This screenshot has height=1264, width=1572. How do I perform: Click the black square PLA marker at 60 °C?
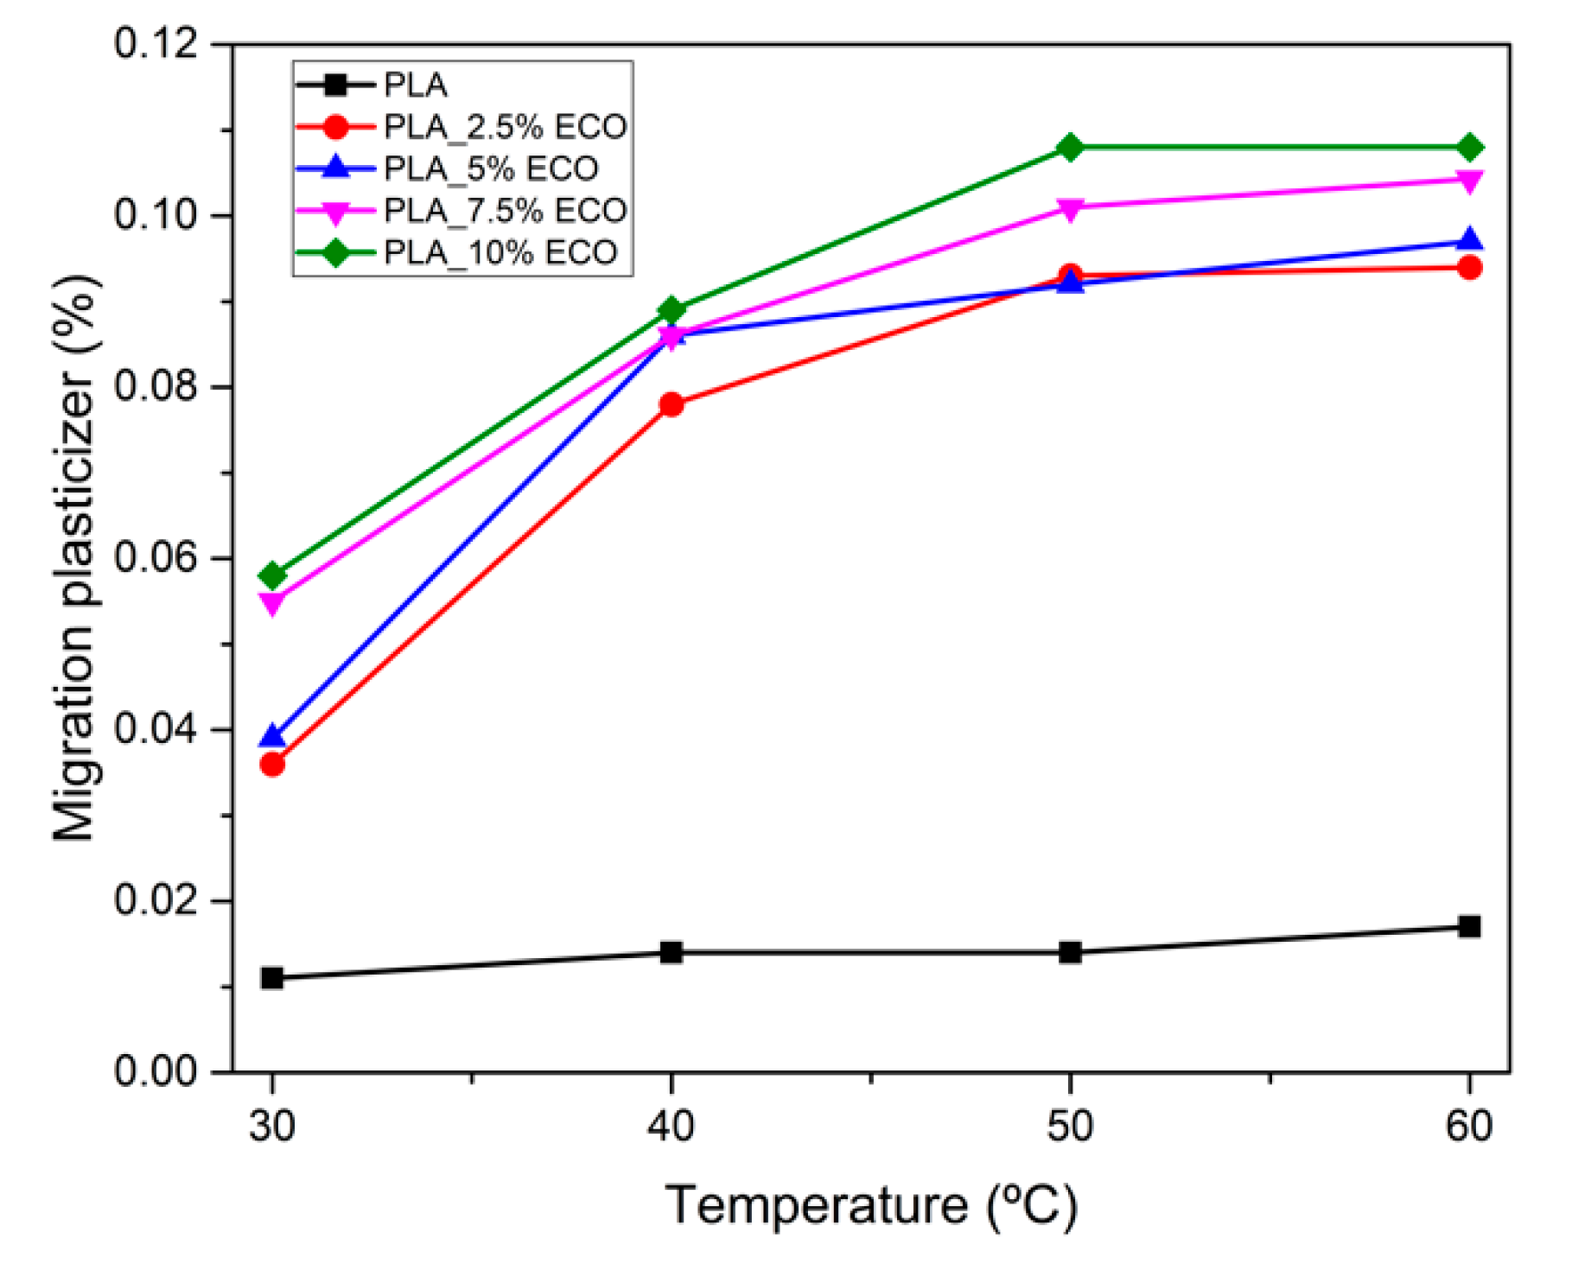pos(1468,926)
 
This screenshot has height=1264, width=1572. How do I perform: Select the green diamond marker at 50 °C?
pos(1070,148)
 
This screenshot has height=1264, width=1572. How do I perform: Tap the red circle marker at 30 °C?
pos(272,764)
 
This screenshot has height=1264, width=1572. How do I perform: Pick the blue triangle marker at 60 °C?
pos(1468,240)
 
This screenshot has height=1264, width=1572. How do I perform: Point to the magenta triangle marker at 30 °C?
pos(272,603)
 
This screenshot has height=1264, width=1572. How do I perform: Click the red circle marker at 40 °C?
pos(671,404)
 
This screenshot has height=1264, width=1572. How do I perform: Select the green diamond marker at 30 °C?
pos(272,575)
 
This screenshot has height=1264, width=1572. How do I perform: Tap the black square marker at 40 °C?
pos(671,952)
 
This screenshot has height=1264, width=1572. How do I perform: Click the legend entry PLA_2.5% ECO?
pos(505,127)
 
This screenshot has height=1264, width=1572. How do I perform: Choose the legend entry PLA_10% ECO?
pos(500,252)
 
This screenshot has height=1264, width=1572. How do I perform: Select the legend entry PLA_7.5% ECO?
pos(505,210)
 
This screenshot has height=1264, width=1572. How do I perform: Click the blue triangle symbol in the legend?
pos(335,168)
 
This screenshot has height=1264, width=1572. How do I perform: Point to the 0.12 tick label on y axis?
pos(156,43)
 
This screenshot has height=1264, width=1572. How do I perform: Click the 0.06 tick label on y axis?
pos(156,557)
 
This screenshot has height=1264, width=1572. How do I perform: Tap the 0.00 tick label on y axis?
pos(156,1071)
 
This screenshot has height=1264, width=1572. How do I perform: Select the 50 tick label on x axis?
pos(1070,1127)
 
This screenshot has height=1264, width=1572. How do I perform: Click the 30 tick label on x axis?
pos(272,1127)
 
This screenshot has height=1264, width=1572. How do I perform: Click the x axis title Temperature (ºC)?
pos(871,1205)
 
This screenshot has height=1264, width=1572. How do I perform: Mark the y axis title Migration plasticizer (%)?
pos(76,557)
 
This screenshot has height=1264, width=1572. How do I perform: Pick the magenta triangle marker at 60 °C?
pos(1468,181)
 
